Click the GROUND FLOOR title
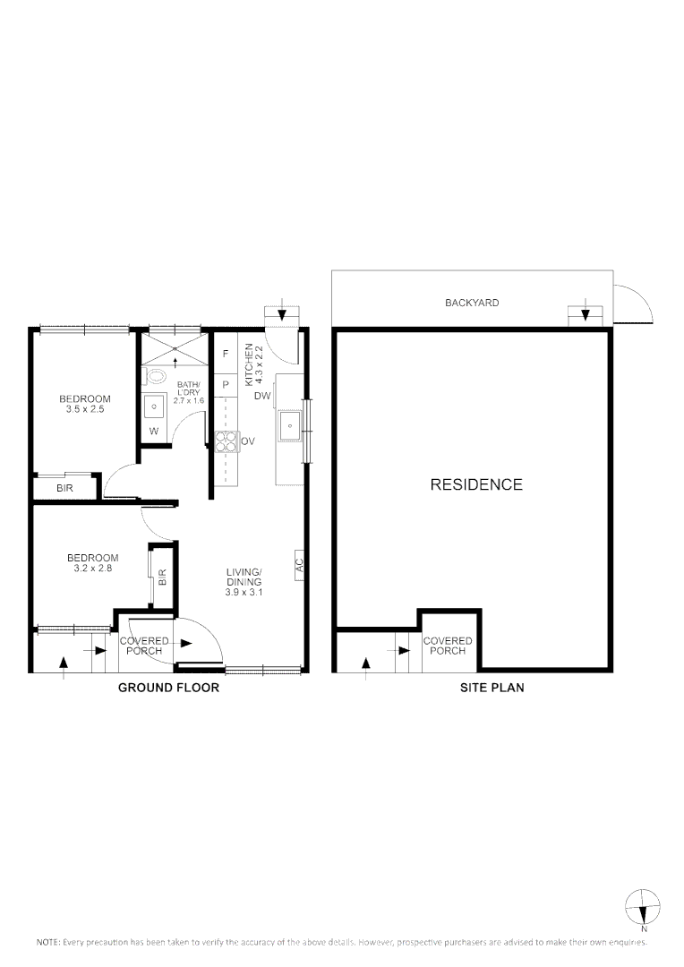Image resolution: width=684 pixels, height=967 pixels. point(169,689)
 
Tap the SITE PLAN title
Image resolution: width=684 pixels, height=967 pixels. point(492,689)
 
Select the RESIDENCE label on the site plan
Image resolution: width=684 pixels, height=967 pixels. point(476,485)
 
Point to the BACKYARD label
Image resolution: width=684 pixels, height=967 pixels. point(472,303)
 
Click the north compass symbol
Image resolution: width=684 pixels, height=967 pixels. point(643,907)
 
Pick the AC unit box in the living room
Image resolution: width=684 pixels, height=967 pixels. point(300,565)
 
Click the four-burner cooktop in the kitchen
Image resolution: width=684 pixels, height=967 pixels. point(226,441)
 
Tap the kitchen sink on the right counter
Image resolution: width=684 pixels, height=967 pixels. point(289,426)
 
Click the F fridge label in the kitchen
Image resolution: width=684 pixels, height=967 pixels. point(226,354)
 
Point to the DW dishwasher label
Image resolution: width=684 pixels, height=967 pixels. point(262,396)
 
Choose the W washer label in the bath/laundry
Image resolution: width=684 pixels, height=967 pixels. point(154,431)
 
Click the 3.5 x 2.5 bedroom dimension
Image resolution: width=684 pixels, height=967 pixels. point(85,409)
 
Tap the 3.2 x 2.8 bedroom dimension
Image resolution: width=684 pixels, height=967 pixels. point(93,567)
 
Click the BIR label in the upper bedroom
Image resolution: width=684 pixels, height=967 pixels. point(64,488)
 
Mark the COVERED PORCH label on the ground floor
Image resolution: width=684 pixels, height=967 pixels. point(141,646)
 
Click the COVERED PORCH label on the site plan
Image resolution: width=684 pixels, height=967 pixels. point(448,646)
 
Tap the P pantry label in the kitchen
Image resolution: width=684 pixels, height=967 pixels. point(226,384)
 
